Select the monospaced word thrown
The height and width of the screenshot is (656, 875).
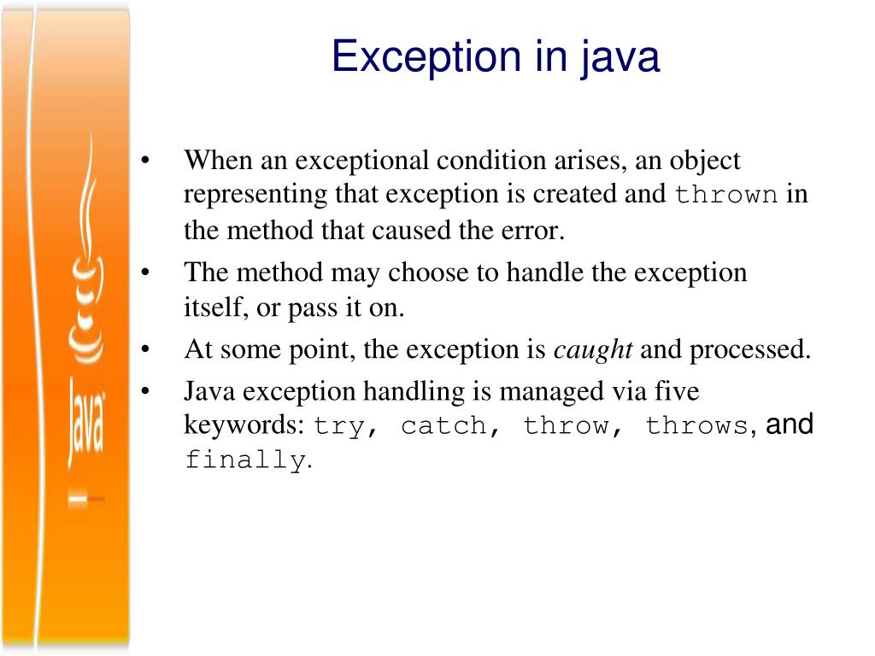tap(726, 196)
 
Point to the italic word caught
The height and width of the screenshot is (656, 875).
tap(594, 350)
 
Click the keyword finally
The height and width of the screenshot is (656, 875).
tap(245, 460)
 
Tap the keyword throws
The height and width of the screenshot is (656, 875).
tap(696, 426)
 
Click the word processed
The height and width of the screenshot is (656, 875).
tap(749, 350)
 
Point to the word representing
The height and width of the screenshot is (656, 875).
tap(255, 195)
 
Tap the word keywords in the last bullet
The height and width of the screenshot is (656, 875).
tap(244, 425)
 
